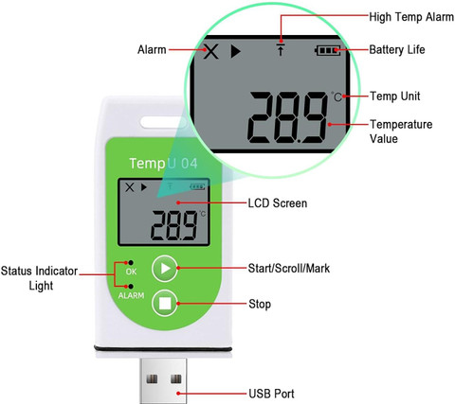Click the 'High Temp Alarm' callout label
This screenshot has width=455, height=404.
point(411,17)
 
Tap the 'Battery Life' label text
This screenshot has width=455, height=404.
point(397,50)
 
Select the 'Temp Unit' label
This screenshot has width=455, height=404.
point(395,97)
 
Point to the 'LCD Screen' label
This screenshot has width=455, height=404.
point(278,203)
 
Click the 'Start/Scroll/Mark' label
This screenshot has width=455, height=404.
point(289,269)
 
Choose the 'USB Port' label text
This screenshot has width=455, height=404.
point(271,394)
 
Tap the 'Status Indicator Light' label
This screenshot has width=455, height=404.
point(39,278)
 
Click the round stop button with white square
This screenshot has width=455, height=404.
point(165,303)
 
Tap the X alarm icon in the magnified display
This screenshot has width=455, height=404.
point(210,51)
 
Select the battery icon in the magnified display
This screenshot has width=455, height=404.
point(328,50)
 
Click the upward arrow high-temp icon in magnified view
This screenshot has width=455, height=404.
point(281,49)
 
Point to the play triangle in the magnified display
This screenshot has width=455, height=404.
point(235,51)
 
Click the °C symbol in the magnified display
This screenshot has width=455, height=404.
point(337,97)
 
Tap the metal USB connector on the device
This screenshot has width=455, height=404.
point(163,380)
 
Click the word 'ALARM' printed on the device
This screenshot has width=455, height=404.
point(131,295)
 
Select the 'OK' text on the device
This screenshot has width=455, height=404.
point(131,272)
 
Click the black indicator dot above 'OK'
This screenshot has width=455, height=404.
point(131,263)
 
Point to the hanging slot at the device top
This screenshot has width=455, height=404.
point(164,122)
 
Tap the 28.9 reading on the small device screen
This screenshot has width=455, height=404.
point(173,225)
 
